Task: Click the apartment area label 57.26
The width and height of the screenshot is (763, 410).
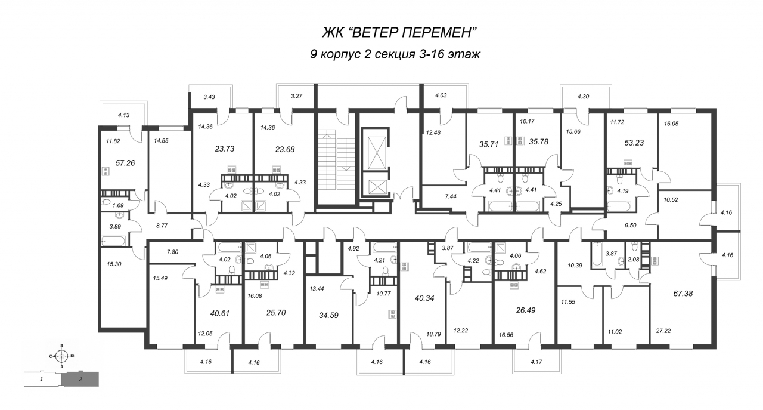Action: pos(125,163)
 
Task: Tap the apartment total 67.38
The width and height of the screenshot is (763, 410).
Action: pos(683,294)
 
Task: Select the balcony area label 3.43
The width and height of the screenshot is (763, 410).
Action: pos(209,97)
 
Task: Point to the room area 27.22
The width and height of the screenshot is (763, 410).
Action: pos(663,331)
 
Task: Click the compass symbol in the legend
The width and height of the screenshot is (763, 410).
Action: pos(61,356)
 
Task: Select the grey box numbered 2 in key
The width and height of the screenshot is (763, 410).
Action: pos(80,379)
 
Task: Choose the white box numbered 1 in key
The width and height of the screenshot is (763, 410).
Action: pos(42,379)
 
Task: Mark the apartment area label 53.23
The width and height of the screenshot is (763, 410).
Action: pos(634,143)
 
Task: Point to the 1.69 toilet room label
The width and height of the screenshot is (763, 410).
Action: pos(118,205)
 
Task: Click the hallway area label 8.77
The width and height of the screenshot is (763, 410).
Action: pos(162,226)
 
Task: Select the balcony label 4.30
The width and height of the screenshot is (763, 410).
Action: pos(583,97)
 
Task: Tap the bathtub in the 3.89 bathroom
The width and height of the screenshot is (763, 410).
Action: pos(114,240)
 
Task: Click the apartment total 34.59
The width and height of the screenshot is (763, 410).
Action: pos(328,316)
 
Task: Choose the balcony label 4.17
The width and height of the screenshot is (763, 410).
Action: pos(536,362)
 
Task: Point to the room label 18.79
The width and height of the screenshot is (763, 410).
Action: pos(433,334)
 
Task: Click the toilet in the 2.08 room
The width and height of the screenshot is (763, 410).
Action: pos(634,246)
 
